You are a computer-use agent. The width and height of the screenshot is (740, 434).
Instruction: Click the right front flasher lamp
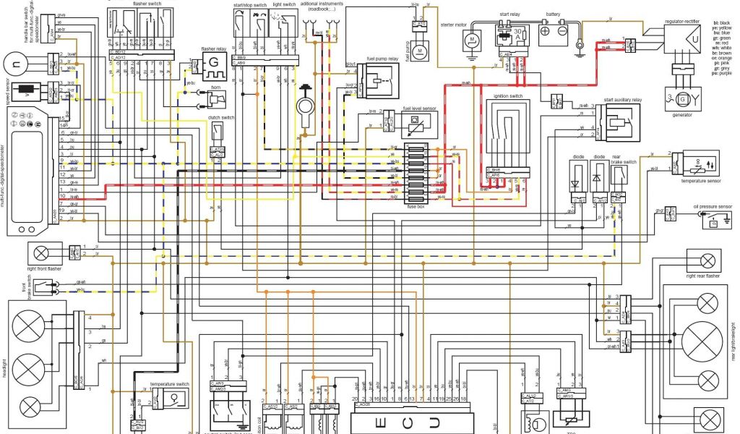[40, 252]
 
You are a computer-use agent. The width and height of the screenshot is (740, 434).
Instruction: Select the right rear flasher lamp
[707, 260]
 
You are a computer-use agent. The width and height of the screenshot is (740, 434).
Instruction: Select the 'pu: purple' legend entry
[723, 72]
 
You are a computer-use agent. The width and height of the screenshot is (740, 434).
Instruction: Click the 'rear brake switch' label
[624, 159]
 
